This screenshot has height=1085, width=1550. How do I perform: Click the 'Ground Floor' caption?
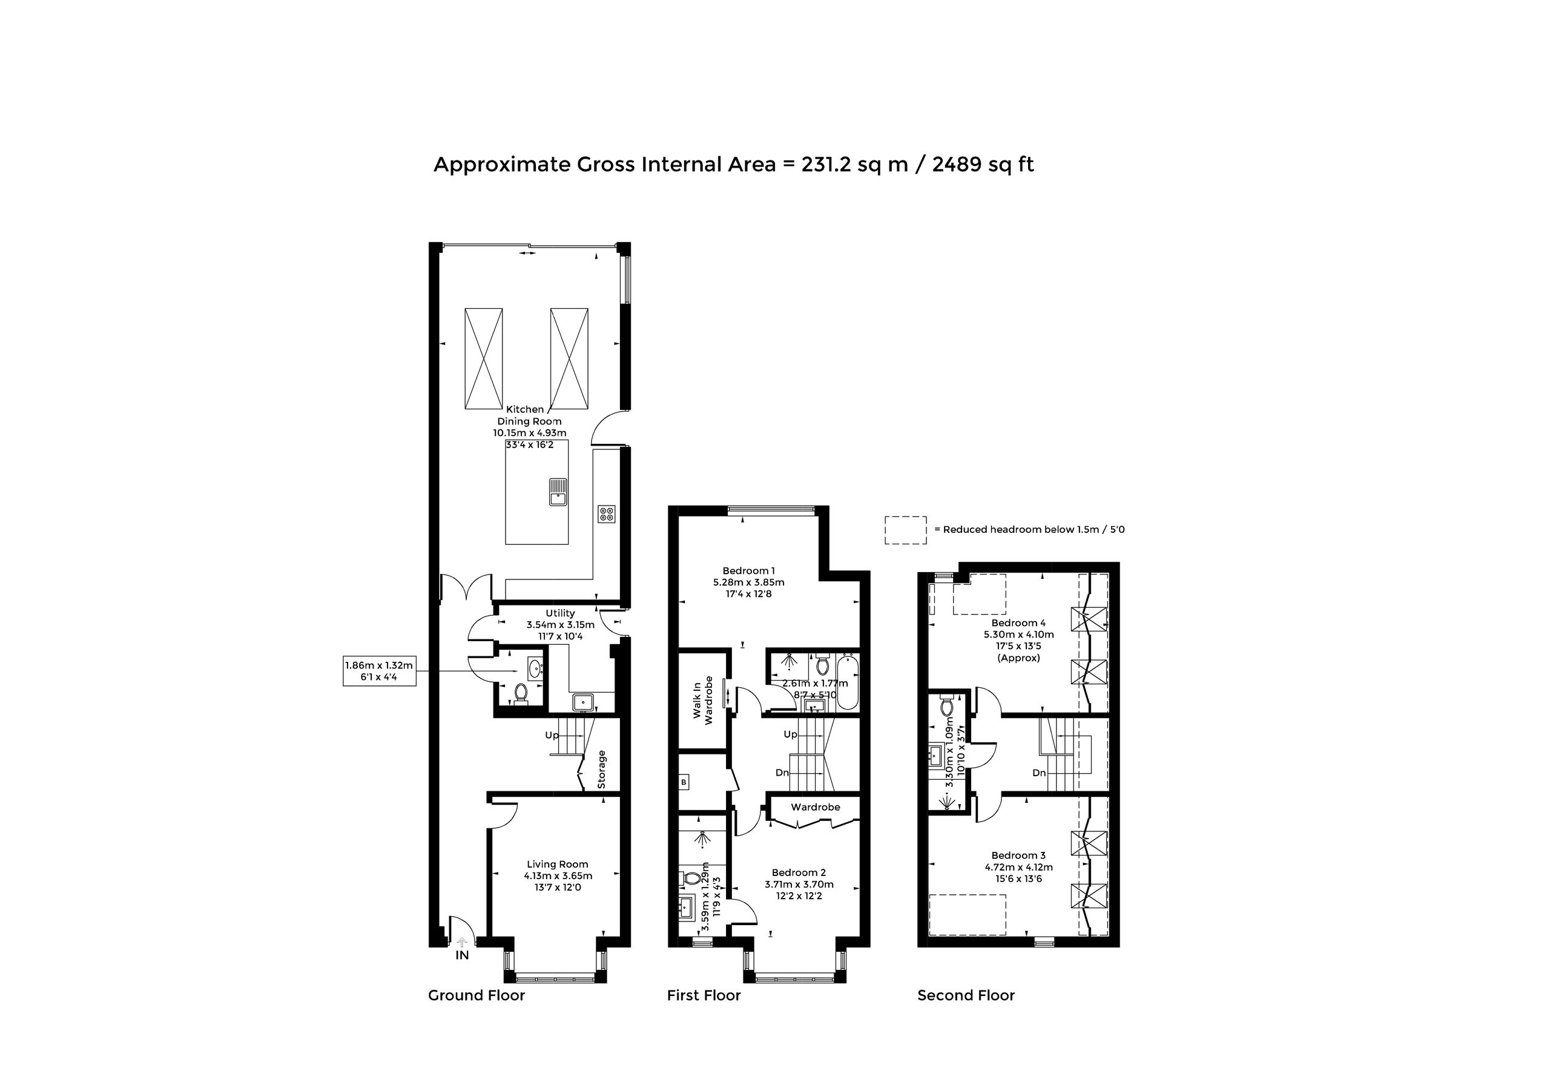pos(476,995)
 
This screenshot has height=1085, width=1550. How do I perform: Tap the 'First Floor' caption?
pos(704,995)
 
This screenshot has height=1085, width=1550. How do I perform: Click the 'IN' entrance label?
pos(462,955)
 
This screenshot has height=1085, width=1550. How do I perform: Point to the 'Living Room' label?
pos(558,864)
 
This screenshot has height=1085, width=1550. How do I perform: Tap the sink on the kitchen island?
pos(558,492)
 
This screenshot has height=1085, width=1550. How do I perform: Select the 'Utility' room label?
pos(560,613)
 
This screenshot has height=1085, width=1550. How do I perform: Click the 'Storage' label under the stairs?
pos(601,769)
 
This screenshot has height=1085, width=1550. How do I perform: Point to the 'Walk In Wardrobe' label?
pos(703,700)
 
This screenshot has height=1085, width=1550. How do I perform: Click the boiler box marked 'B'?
pos(684,782)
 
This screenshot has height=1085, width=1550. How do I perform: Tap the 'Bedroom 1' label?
pos(749,570)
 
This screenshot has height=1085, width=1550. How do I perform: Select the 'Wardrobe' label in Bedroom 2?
pos(816,807)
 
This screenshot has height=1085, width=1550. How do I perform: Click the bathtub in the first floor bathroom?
pos(846,681)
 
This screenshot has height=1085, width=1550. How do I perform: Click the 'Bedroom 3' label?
pos(1019,856)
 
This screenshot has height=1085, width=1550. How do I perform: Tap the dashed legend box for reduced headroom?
pos(906,530)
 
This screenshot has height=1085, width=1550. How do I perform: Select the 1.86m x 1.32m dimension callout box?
pos(380,671)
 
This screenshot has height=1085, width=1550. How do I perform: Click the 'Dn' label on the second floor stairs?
pos(1039,773)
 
